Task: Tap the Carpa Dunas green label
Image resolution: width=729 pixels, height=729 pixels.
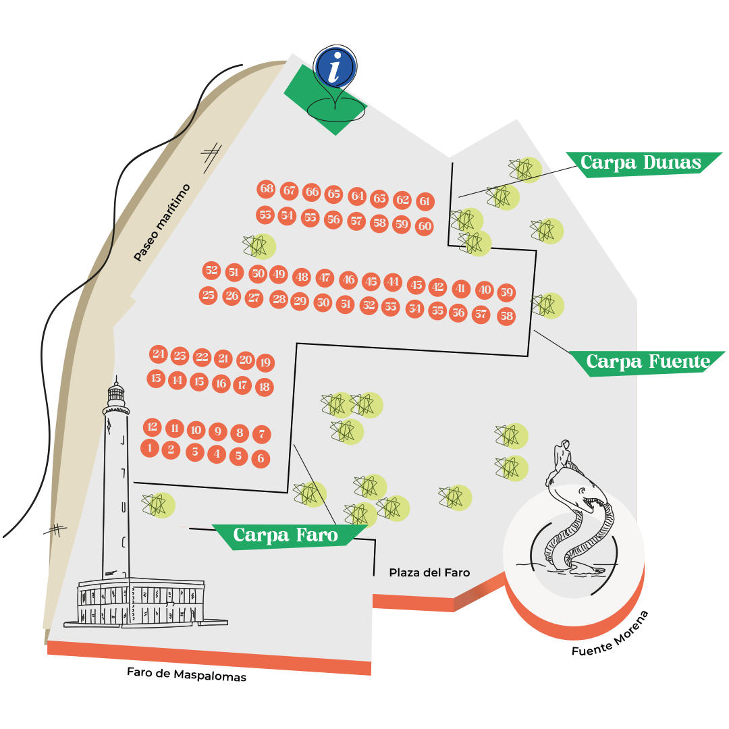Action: (641, 163)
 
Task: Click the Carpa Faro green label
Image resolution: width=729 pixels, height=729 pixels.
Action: (286, 536)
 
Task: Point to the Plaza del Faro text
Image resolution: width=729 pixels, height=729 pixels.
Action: (429, 572)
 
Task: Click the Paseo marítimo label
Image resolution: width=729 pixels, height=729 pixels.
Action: (162, 223)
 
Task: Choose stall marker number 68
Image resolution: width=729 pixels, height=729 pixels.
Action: (267, 189)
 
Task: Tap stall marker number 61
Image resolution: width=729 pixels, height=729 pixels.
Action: (425, 201)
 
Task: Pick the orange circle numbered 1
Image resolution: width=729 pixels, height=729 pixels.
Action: (150, 448)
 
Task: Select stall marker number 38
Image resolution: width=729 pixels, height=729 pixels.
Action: (507, 316)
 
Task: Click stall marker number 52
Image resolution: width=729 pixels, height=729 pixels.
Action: (212, 271)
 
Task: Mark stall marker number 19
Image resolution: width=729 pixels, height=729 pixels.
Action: (265, 363)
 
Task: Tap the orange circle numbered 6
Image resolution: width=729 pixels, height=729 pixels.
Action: (261, 459)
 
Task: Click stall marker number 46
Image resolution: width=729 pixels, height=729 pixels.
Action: (348, 279)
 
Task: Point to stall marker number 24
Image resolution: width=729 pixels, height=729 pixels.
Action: (159, 354)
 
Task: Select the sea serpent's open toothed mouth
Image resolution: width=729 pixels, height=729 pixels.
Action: (598, 502)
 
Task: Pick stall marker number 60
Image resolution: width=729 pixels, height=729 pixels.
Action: (425, 227)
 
